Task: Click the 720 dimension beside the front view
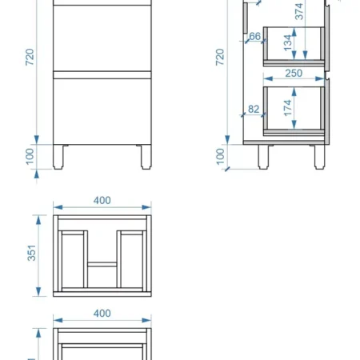coord(30,57)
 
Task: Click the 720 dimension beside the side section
coord(220,57)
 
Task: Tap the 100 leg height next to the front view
coord(30,157)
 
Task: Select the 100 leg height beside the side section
coord(220,157)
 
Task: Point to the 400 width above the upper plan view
coord(102,200)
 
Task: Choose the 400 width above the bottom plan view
coord(102,313)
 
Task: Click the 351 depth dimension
coord(31,253)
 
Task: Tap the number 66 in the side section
coord(254,36)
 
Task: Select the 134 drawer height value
coord(287,43)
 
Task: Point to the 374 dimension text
coord(299,11)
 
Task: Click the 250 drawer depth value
coord(294,73)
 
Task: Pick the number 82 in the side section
coord(254,109)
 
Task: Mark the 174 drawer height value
coord(287,108)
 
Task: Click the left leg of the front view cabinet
coord(58,157)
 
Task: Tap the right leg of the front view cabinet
coord(146,157)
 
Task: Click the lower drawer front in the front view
coord(102,111)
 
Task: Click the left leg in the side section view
coord(263,157)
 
